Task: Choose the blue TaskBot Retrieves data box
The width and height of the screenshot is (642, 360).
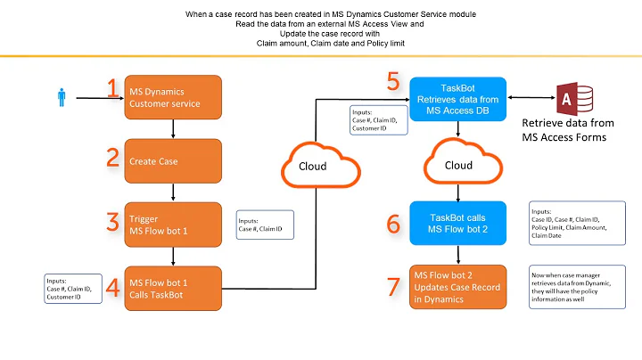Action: (x=457, y=96)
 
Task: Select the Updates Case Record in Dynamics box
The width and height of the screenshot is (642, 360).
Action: (x=457, y=287)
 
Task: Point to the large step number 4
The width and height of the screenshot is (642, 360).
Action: (x=112, y=287)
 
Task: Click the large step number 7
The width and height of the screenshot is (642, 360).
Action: (x=393, y=287)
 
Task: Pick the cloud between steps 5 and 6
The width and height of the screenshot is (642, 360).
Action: (x=457, y=165)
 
